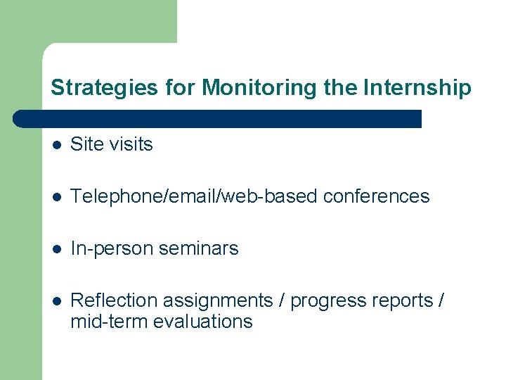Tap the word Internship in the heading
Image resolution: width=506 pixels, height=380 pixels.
pos(417,88)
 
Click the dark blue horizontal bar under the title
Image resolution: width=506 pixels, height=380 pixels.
pos(218,119)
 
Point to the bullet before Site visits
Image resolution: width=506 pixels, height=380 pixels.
pos(57,145)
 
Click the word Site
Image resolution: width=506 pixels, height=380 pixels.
pos(86,144)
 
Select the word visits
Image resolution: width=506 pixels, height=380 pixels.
pos(130,144)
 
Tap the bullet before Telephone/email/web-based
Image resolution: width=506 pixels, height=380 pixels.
pos(57,197)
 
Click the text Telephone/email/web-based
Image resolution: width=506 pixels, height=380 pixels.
pos(194,196)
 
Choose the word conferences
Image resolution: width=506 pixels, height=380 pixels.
pos(376,196)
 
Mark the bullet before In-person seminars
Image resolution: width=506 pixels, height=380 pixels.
pos(57,249)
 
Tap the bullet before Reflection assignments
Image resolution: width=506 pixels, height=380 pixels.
pos(57,301)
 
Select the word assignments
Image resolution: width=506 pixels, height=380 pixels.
pos(218,300)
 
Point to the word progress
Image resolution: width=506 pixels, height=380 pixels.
pos(323,301)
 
